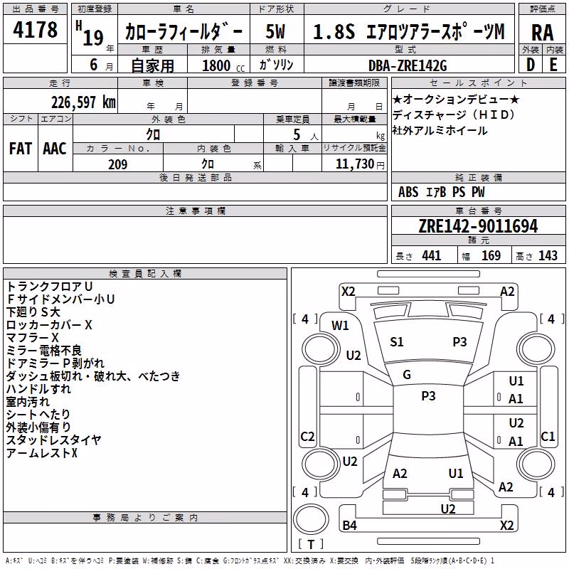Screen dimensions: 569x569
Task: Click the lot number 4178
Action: pyautogui.click(x=35, y=29)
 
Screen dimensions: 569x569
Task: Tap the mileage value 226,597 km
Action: pyautogui.click(x=83, y=102)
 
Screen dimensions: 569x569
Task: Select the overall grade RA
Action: pyautogui.click(x=542, y=33)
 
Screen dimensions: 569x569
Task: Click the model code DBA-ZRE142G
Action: pyautogui.click(x=408, y=65)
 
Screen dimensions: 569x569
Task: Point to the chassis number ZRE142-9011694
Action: pyautogui.click(x=478, y=226)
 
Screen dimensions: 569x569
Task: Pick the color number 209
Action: pyautogui.click(x=117, y=164)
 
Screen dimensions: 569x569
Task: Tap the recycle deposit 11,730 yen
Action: pyautogui.click(x=360, y=164)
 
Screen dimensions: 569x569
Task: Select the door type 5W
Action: pyautogui.click(x=275, y=31)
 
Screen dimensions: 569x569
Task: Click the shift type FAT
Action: pyautogui.click(x=21, y=149)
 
